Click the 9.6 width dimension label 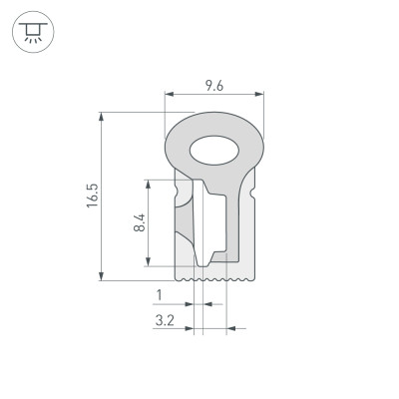tap(212, 86)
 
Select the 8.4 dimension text tap(140, 222)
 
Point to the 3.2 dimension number tap(166, 320)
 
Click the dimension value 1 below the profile tap(159, 294)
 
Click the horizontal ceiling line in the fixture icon tap(33, 26)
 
